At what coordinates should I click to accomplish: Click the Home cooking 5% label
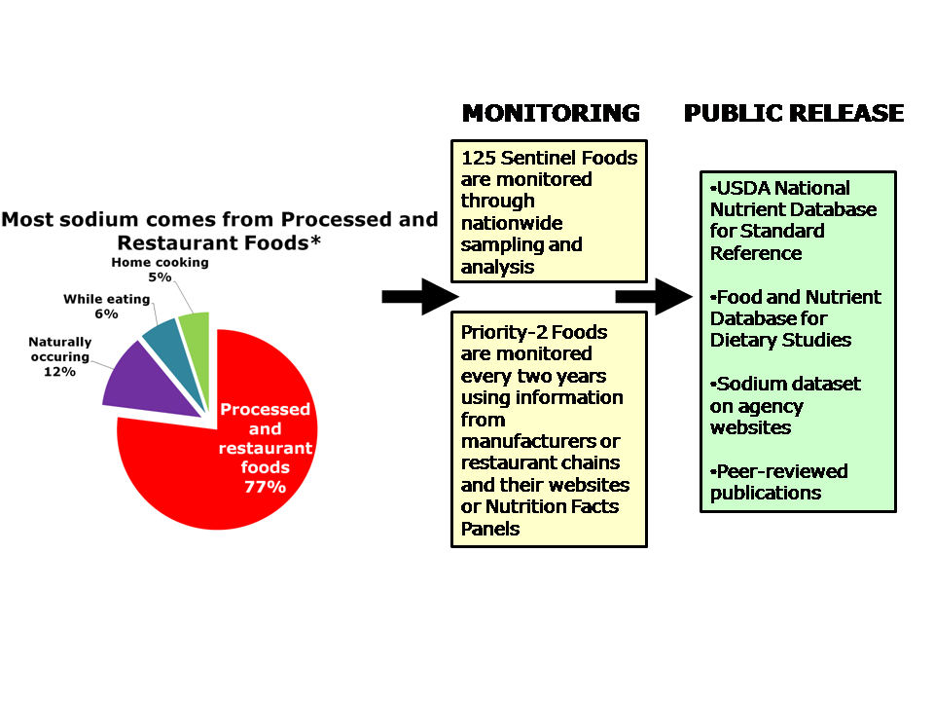160,270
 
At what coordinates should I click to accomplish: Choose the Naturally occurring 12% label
59,356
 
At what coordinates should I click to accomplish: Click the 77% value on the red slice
265,487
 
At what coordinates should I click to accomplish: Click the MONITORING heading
551,114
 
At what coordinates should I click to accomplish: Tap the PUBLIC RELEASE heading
794,114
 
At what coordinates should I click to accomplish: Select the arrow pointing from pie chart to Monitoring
419,296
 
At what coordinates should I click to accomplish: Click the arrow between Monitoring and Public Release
653,296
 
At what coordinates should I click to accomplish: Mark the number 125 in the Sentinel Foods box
479,158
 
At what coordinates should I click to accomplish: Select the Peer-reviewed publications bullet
778,482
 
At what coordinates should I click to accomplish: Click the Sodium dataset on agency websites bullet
785,406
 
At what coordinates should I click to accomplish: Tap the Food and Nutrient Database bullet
796,318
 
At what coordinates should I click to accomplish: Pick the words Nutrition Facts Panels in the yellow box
540,518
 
